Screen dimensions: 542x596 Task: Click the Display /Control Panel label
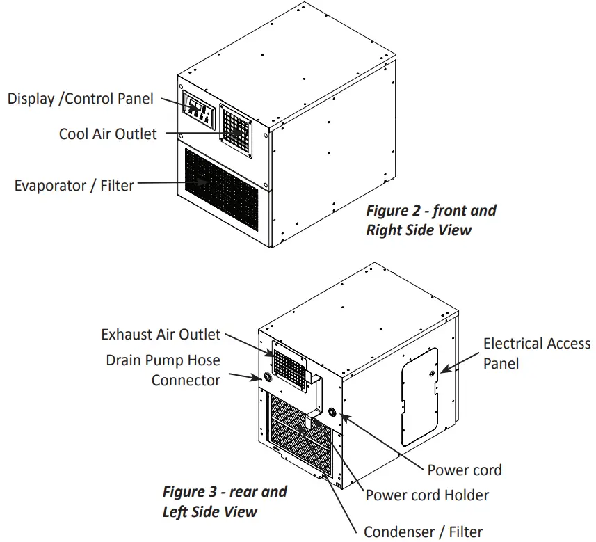click(80, 98)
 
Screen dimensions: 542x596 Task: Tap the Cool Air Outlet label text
click(108, 134)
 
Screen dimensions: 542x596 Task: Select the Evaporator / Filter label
click(74, 186)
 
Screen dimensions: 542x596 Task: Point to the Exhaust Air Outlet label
click(161, 335)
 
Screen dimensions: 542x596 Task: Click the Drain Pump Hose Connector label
click(163, 370)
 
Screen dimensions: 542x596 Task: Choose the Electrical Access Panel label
click(536, 353)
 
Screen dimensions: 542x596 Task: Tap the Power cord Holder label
click(427, 495)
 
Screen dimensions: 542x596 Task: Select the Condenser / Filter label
click(423, 532)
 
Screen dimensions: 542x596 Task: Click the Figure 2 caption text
click(431, 220)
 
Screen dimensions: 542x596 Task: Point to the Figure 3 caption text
click(225, 501)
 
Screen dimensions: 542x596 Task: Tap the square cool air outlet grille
click(236, 128)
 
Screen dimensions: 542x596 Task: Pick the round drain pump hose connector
click(266, 378)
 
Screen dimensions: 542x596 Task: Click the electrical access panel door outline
click(420, 397)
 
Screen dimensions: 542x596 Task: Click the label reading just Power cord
click(464, 470)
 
